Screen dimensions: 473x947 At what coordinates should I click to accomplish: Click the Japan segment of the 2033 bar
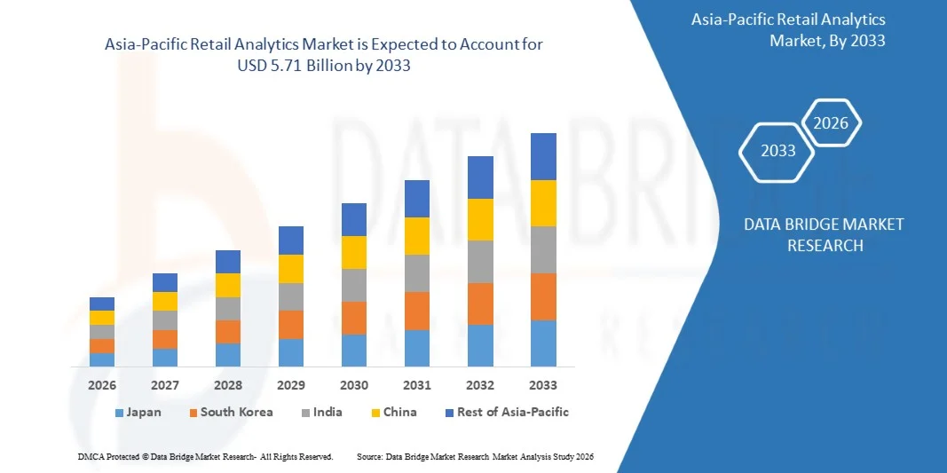coord(543,343)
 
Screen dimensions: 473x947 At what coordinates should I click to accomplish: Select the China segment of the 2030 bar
coord(354,252)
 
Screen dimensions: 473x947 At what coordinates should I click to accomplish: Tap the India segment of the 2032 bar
coord(480,262)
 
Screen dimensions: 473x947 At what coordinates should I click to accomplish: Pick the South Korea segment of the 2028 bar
coord(228,331)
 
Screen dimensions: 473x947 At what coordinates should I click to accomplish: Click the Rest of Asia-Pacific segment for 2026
coord(102,304)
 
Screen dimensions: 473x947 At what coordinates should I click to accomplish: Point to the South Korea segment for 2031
coord(417,311)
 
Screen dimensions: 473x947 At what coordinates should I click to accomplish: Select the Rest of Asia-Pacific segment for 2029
coord(291,240)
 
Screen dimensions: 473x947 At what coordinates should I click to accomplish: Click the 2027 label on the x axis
coord(165,385)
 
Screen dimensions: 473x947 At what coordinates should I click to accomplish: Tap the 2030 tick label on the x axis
coord(354,385)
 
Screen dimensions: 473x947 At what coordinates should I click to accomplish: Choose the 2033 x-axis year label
coord(543,385)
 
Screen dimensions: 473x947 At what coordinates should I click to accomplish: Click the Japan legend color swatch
coord(120,413)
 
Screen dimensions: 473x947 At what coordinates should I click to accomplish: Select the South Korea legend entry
coord(230,413)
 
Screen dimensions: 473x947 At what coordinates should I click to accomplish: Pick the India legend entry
coord(320,413)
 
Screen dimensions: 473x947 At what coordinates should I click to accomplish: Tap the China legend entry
coord(392,413)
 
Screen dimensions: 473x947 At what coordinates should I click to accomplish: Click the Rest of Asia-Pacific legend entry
coord(506,413)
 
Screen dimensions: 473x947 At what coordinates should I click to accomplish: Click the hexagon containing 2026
coord(831,123)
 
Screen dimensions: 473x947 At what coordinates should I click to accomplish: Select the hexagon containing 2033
coord(778,151)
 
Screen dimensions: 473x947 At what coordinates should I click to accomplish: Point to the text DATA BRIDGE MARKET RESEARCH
coord(825,234)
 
